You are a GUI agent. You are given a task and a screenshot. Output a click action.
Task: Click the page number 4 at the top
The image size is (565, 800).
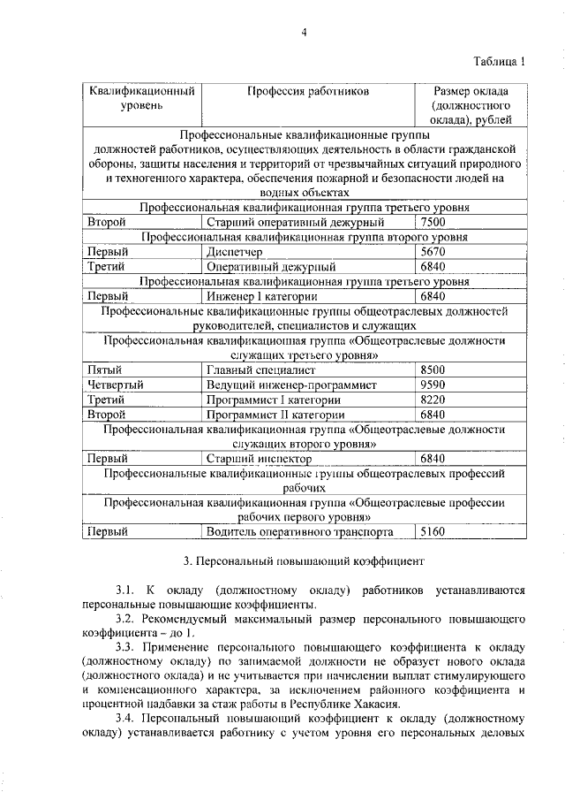(x=303, y=33)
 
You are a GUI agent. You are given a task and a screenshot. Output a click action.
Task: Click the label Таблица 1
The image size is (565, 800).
(x=499, y=62)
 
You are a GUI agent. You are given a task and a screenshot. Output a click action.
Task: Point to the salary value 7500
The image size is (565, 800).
(x=434, y=222)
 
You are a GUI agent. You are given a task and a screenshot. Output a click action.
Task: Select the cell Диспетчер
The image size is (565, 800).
(x=233, y=252)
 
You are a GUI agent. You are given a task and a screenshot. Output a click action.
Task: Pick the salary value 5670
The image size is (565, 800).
(x=434, y=252)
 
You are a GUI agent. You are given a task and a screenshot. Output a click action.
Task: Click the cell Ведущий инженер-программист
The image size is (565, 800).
(x=291, y=385)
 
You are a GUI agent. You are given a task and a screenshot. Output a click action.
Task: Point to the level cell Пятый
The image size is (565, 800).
(x=104, y=370)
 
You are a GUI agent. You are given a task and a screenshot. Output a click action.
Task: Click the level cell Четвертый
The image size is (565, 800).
(x=115, y=385)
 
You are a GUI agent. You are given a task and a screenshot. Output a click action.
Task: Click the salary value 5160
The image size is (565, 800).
(x=434, y=532)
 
